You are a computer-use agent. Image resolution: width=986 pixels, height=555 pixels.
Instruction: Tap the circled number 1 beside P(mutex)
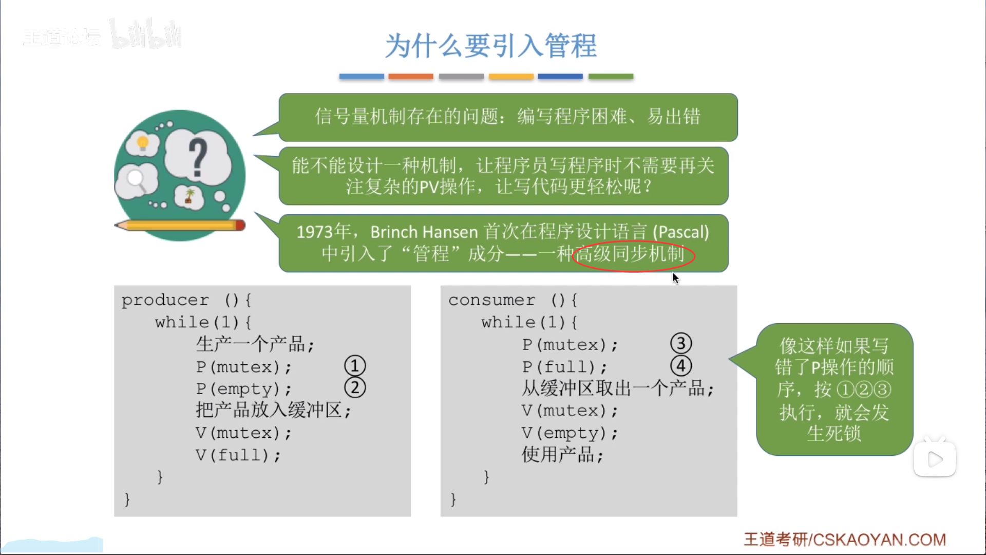click(355, 366)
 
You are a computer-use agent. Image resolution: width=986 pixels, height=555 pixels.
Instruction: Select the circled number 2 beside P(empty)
click(355, 388)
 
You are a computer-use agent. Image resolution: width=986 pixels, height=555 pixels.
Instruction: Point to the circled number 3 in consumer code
click(681, 343)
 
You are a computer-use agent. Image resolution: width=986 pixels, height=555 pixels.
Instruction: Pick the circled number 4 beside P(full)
click(681, 366)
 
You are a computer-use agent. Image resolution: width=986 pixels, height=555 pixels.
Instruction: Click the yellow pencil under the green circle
click(180, 225)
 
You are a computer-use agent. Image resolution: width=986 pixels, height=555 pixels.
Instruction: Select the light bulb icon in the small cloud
click(143, 142)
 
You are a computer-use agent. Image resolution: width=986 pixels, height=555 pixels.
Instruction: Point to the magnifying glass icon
click(137, 180)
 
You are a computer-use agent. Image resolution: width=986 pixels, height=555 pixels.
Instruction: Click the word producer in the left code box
click(165, 300)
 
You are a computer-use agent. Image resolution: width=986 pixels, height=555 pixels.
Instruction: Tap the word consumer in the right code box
click(492, 300)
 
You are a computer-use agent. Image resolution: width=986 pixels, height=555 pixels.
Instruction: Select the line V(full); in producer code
click(238, 455)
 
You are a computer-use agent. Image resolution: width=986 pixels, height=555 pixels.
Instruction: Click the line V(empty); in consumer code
click(570, 433)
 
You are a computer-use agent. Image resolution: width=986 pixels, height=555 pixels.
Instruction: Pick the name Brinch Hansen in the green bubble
click(424, 232)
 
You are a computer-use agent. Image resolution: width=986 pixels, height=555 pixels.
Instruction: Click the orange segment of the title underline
click(411, 76)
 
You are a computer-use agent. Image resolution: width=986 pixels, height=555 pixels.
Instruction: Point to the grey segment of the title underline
click(461, 76)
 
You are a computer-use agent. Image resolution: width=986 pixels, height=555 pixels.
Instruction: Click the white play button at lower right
click(935, 459)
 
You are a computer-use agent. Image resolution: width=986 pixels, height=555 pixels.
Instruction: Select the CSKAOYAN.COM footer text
click(879, 540)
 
